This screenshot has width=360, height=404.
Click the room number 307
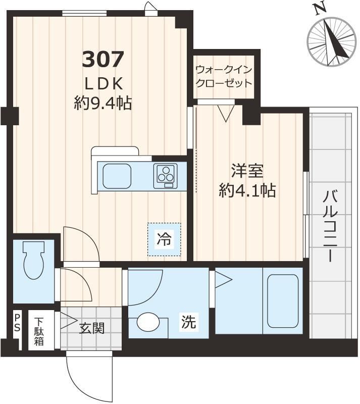[x=103, y=60]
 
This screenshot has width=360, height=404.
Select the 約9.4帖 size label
[x=103, y=104]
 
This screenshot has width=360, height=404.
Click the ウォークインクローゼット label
[x=224, y=76]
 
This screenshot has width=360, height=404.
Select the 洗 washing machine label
[x=189, y=322]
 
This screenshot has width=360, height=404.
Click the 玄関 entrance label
[x=92, y=328]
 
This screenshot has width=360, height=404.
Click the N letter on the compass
[x=319, y=9]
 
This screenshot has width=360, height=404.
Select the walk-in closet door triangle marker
[x=226, y=113]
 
